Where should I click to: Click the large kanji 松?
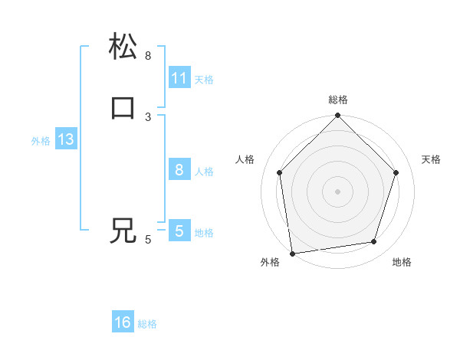(123, 46)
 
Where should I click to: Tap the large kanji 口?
(123, 107)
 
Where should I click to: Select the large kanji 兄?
(123, 230)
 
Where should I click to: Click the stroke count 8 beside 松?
(148, 56)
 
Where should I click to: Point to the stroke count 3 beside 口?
(148, 116)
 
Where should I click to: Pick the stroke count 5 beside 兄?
(148, 240)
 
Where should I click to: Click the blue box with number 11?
(179, 78)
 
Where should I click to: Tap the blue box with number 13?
(65, 140)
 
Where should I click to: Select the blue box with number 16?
(123, 322)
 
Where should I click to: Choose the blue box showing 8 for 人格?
(179, 170)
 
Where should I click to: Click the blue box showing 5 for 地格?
(179, 231)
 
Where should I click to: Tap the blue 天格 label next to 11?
(204, 79)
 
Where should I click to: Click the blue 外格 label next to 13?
(41, 141)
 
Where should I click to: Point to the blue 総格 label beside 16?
(147, 324)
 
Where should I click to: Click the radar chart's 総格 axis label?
(338, 100)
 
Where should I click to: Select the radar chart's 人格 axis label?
(245, 159)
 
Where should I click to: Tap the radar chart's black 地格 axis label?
(402, 263)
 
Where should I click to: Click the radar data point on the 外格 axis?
(292, 253)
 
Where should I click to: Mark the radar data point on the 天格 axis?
(396, 172)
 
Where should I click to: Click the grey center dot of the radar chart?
(338, 191)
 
